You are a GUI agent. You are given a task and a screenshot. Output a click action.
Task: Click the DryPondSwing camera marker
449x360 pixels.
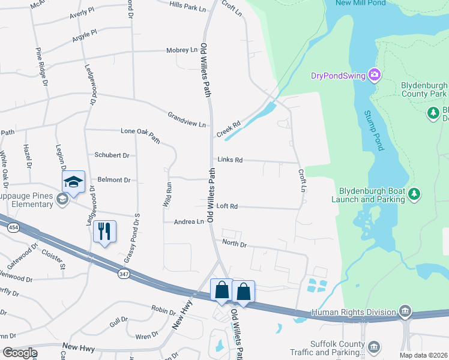tap(375, 76)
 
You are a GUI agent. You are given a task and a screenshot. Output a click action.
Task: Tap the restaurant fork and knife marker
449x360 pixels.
tap(105, 231)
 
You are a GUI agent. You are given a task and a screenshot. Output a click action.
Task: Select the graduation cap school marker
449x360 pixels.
tap(73, 182)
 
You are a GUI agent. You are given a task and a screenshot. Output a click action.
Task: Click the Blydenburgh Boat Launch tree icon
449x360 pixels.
tap(414, 194)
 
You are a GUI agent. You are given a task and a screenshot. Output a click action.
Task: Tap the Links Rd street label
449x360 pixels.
tap(230, 160)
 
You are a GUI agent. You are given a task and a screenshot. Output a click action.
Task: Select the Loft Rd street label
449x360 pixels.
tap(227, 206)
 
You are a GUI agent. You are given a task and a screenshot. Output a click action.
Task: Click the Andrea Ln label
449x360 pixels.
tap(188, 222)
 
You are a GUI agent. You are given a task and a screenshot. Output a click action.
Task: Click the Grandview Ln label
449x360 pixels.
tap(187, 119)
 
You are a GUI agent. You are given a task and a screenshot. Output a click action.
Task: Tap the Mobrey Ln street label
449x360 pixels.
tap(181, 50)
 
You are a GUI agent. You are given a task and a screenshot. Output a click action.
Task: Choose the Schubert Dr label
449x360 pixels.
tap(112, 155)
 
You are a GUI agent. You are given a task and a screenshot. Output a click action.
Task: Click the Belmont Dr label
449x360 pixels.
tap(113, 179)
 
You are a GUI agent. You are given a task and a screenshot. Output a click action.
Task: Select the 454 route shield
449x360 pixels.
tap(13, 227)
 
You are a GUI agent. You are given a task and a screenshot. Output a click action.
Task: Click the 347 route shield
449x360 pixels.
tap(124, 274)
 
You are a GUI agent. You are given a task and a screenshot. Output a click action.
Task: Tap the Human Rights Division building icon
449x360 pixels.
tap(405, 311)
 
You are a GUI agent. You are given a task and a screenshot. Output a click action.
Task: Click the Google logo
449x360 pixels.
tap(20, 353)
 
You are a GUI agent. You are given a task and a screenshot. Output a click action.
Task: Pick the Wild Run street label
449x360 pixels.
tap(168, 195)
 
